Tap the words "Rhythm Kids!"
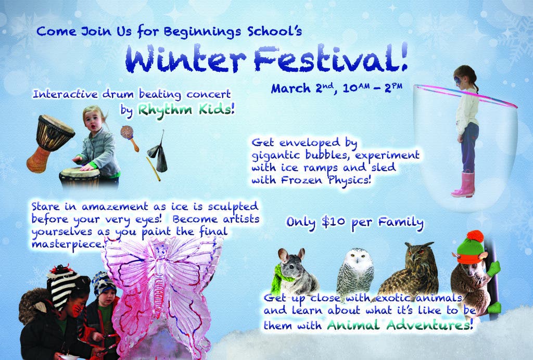point(186,110)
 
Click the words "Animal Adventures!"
point(400,325)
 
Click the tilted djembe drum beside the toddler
point(50,143)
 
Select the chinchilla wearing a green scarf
point(295,272)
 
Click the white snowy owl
point(355,271)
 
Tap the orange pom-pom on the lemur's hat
point(475,236)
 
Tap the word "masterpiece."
point(67,245)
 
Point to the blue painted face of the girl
point(459,81)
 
